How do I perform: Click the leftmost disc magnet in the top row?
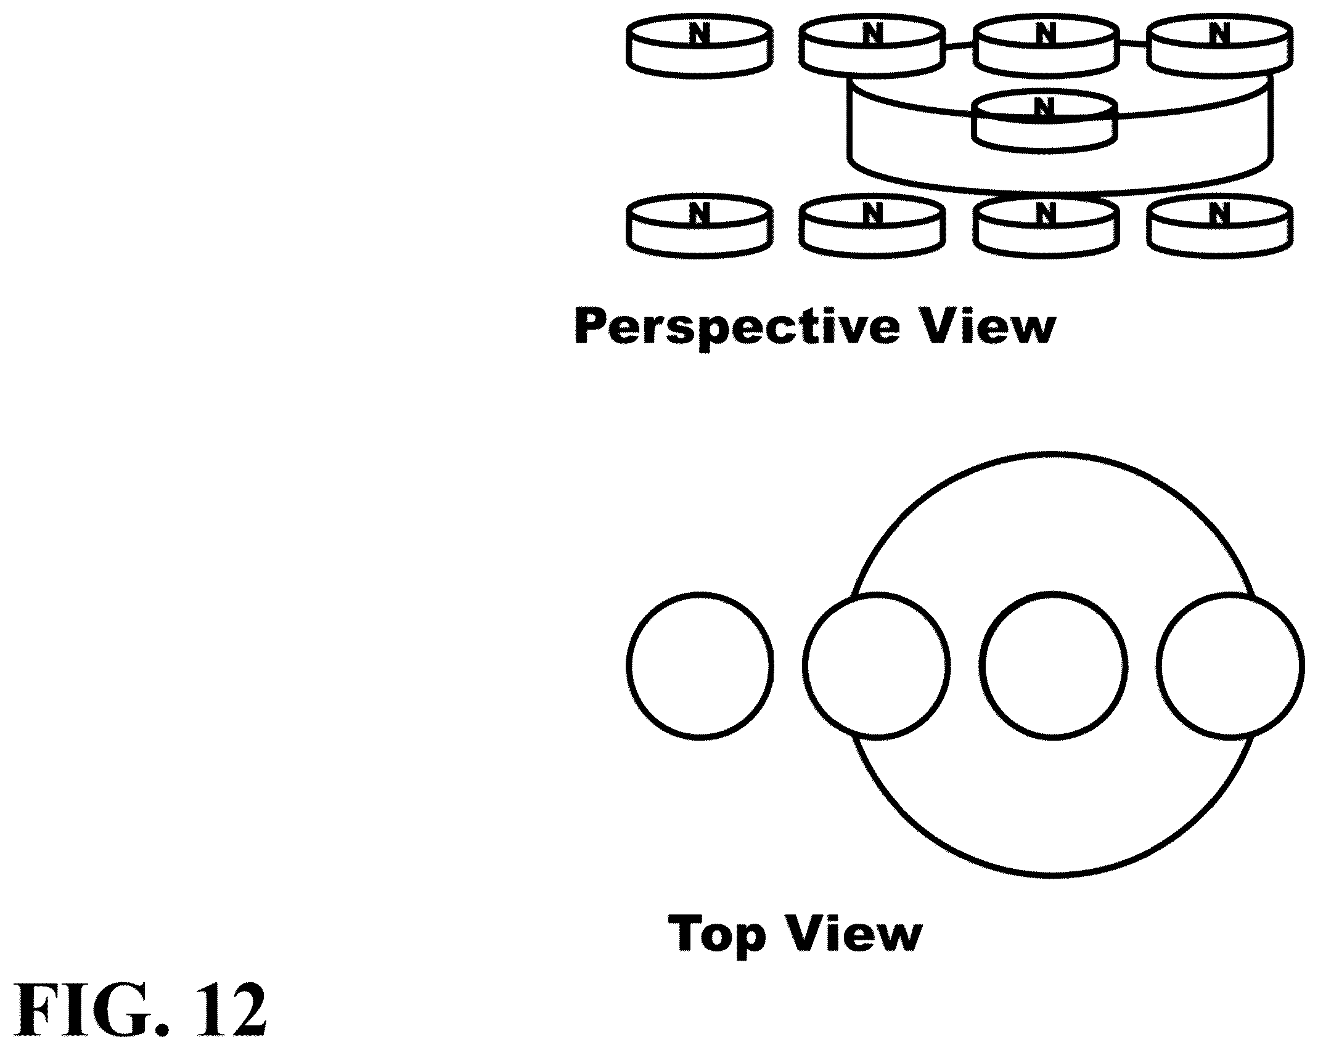pos(699,47)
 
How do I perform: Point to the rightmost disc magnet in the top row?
pos(1219,47)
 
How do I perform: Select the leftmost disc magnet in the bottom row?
pos(699,226)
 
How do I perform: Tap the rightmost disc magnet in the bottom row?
pos(1219,226)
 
